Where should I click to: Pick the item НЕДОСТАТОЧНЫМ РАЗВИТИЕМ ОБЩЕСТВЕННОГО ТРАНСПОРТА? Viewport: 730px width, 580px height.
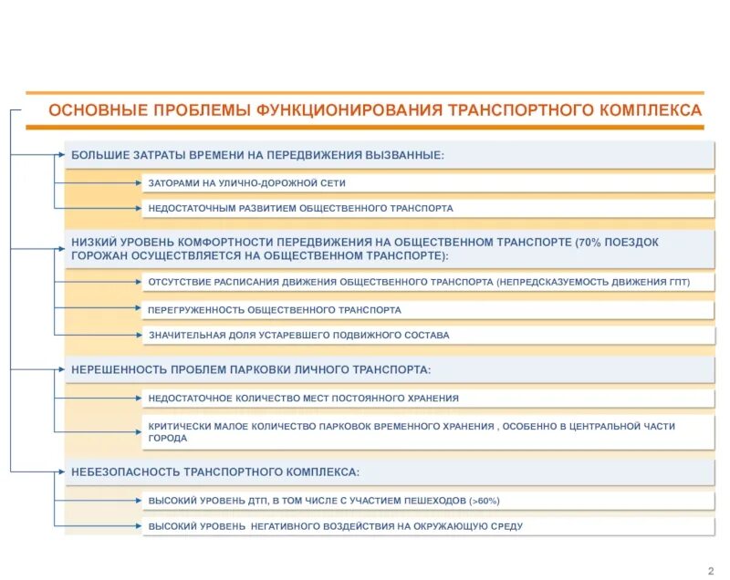[300, 208]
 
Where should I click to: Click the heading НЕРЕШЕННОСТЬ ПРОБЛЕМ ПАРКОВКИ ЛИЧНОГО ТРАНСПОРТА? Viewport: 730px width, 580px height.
[251, 369]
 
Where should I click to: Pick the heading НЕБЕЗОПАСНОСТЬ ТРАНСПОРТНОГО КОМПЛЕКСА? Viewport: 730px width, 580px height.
[215, 471]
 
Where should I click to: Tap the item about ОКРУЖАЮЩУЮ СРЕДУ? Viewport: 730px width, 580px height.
[336, 526]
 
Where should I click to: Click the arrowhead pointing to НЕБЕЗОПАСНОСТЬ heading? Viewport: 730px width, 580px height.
[63, 471]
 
